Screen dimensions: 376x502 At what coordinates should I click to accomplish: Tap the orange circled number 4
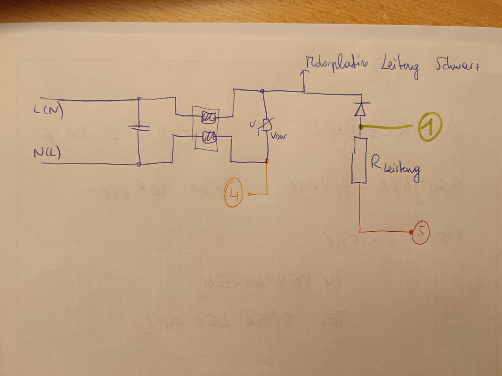(233, 194)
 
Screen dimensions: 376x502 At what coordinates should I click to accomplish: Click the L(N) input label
(49, 111)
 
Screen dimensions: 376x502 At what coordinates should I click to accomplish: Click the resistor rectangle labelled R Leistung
(359, 161)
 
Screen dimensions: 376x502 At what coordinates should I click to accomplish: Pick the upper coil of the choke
(208, 118)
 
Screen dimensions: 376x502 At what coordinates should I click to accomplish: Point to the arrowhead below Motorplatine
(304, 73)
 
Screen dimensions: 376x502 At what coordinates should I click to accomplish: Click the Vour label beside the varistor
(279, 136)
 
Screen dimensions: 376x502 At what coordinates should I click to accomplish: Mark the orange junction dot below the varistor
(267, 161)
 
